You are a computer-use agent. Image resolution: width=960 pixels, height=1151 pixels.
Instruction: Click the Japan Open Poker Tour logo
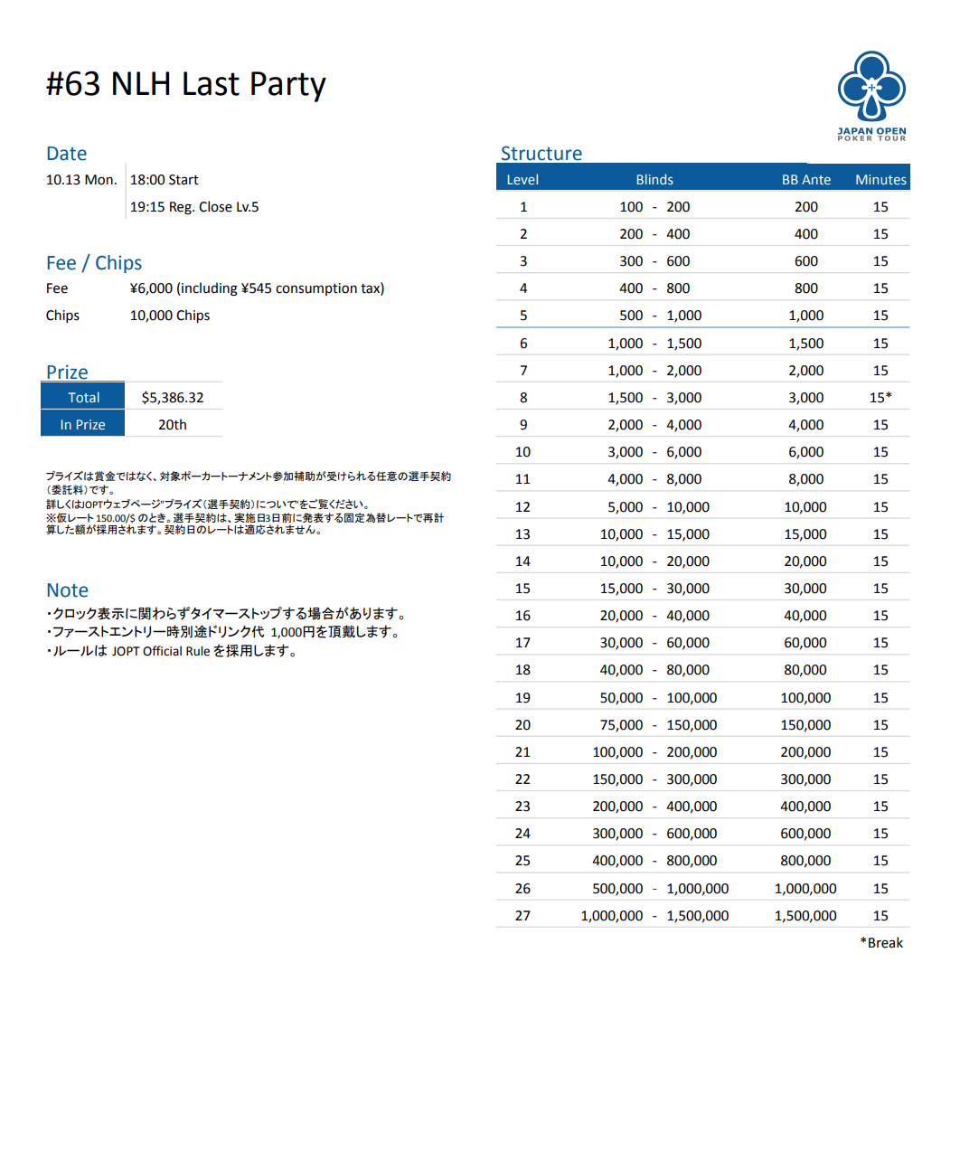tap(871, 95)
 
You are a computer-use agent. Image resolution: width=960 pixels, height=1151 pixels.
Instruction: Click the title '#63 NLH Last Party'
tap(185, 84)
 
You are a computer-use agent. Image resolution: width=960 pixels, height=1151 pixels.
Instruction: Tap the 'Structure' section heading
tap(541, 154)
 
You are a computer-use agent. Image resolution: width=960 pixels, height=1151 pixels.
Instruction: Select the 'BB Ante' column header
tap(805, 179)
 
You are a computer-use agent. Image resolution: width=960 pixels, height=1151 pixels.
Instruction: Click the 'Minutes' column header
tap(880, 179)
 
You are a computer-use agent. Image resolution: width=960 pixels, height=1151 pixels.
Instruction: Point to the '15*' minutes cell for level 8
tap(880, 397)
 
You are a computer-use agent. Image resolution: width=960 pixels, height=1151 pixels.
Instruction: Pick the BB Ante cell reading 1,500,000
tap(805, 915)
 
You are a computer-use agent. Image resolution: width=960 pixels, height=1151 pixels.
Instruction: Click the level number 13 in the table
tap(522, 533)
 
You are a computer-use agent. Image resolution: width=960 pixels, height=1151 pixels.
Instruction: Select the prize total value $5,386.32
tap(173, 397)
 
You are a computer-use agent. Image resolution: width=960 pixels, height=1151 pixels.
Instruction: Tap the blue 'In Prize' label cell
tap(83, 424)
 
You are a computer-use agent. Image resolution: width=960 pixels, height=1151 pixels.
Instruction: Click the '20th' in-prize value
tap(173, 424)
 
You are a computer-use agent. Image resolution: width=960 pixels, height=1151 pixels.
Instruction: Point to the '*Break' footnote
tap(881, 942)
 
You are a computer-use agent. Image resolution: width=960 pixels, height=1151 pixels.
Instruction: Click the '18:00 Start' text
tap(164, 179)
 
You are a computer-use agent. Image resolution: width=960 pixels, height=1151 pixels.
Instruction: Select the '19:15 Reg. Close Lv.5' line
tap(194, 206)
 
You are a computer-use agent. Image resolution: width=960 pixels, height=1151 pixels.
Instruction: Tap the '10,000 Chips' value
tap(170, 315)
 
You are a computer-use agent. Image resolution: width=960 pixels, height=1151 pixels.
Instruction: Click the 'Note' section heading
tap(68, 590)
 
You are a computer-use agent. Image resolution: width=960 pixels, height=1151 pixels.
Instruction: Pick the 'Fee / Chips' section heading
tap(94, 263)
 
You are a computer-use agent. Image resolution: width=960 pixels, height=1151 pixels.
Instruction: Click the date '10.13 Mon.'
tap(81, 179)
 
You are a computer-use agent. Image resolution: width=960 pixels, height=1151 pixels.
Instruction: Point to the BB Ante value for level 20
tap(805, 724)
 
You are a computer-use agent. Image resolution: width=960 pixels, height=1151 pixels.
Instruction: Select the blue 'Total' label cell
tap(83, 397)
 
